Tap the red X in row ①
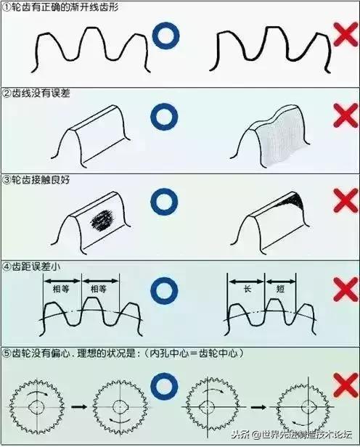tap(340, 36)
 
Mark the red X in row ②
tap(340, 116)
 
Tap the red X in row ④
tap(340, 291)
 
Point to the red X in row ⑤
tap(340, 383)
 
